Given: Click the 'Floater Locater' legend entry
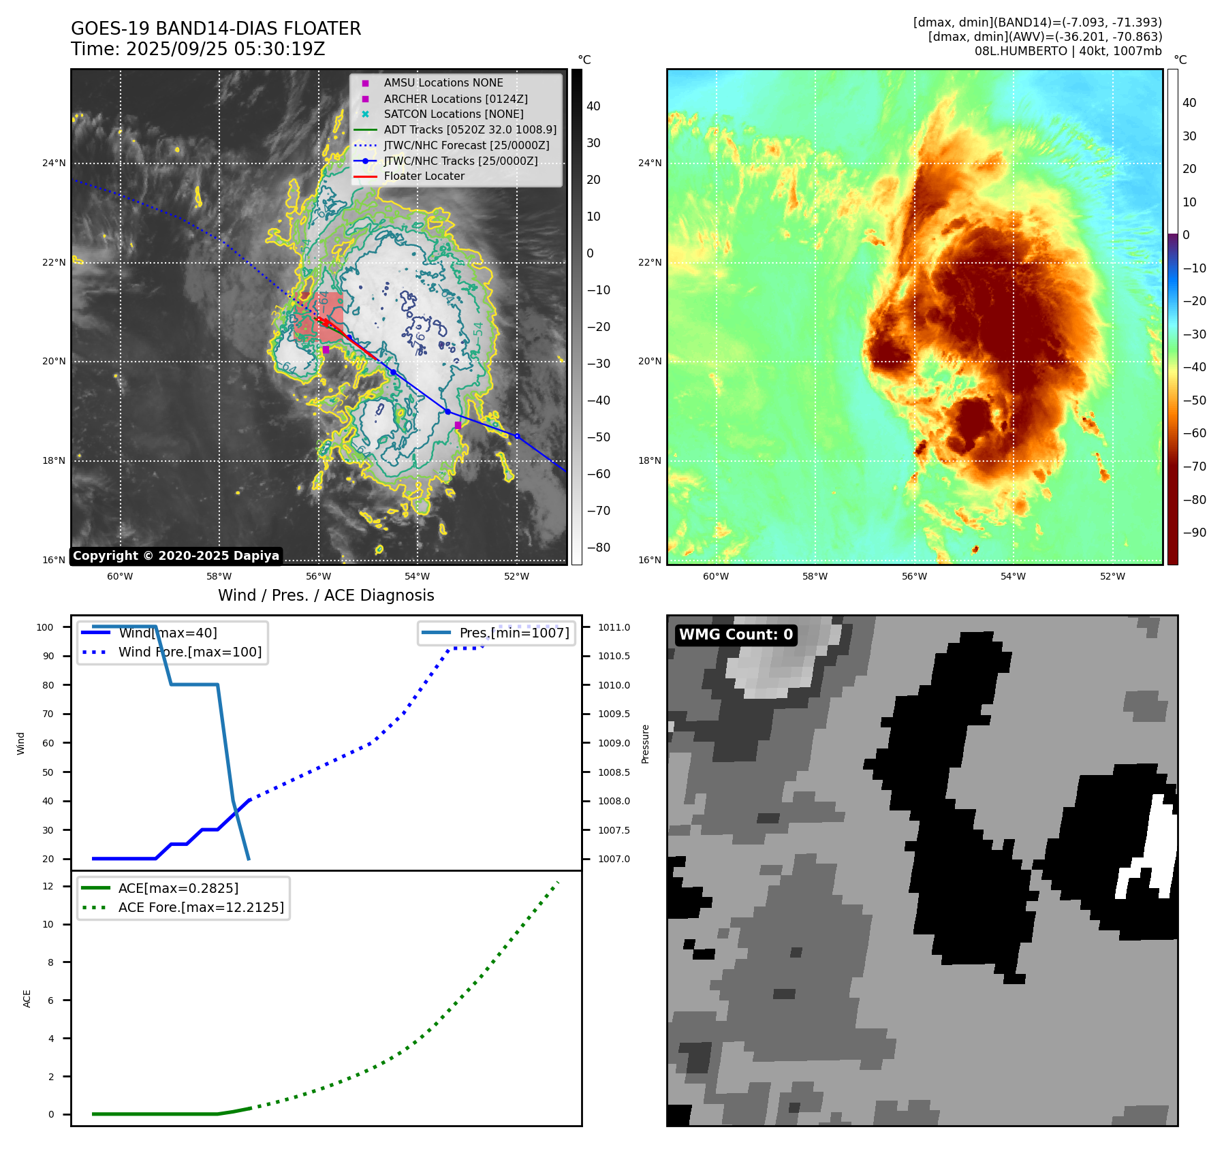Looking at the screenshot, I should click(x=424, y=176).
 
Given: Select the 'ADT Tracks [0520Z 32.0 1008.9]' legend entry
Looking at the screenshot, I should click(x=469, y=129).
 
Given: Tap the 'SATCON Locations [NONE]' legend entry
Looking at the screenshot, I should click(x=453, y=114).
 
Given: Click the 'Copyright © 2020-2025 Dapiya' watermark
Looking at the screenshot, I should click(x=176, y=556).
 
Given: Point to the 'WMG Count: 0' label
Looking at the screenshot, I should click(x=736, y=635).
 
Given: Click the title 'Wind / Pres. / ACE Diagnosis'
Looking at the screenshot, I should click(x=326, y=595).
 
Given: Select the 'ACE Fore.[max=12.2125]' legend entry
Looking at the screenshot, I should click(x=201, y=907).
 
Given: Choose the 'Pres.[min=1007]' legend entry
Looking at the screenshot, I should click(x=514, y=633).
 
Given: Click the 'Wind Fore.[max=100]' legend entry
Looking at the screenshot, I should click(x=189, y=652).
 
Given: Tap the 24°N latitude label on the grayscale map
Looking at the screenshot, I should click(x=54, y=163).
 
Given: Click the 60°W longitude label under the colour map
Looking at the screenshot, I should click(x=715, y=576).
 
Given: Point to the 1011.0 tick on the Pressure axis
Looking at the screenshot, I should click(x=614, y=627).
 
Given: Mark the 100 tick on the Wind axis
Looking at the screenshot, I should click(x=45, y=627).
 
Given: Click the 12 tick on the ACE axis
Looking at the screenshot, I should click(x=48, y=886).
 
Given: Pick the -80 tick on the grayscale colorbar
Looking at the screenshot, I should click(x=599, y=548).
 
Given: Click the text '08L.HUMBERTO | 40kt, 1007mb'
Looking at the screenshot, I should click(x=1067, y=51).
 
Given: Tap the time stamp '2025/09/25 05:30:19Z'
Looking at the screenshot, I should click(x=225, y=49).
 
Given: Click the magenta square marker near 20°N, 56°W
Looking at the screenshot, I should click(x=326, y=349).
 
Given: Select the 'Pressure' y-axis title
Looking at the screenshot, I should click(x=645, y=743).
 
